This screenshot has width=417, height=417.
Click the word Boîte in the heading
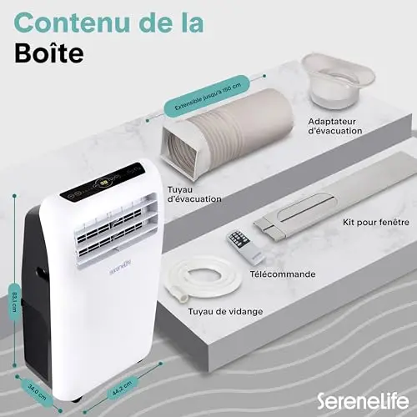tap(49, 53)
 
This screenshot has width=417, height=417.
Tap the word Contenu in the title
tap(72, 23)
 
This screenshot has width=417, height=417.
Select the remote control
tap(246, 247)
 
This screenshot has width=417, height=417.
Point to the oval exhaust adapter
tap(339, 81)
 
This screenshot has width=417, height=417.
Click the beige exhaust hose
tap(227, 133)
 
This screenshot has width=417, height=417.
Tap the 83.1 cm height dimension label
tap(15, 302)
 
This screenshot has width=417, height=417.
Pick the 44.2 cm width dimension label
tap(122, 388)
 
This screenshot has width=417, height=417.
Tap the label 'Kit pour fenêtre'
tap(376, 223)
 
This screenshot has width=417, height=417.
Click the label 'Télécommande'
tap(283, 274)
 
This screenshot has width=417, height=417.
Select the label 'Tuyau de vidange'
tap(225, 311)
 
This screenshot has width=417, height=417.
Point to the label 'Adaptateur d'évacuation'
tap(335, 126)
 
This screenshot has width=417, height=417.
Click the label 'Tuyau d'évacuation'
tap(194, 194)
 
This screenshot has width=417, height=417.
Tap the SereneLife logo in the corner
tap(363, 401)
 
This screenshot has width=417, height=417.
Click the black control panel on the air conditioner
tap(103, 182)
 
